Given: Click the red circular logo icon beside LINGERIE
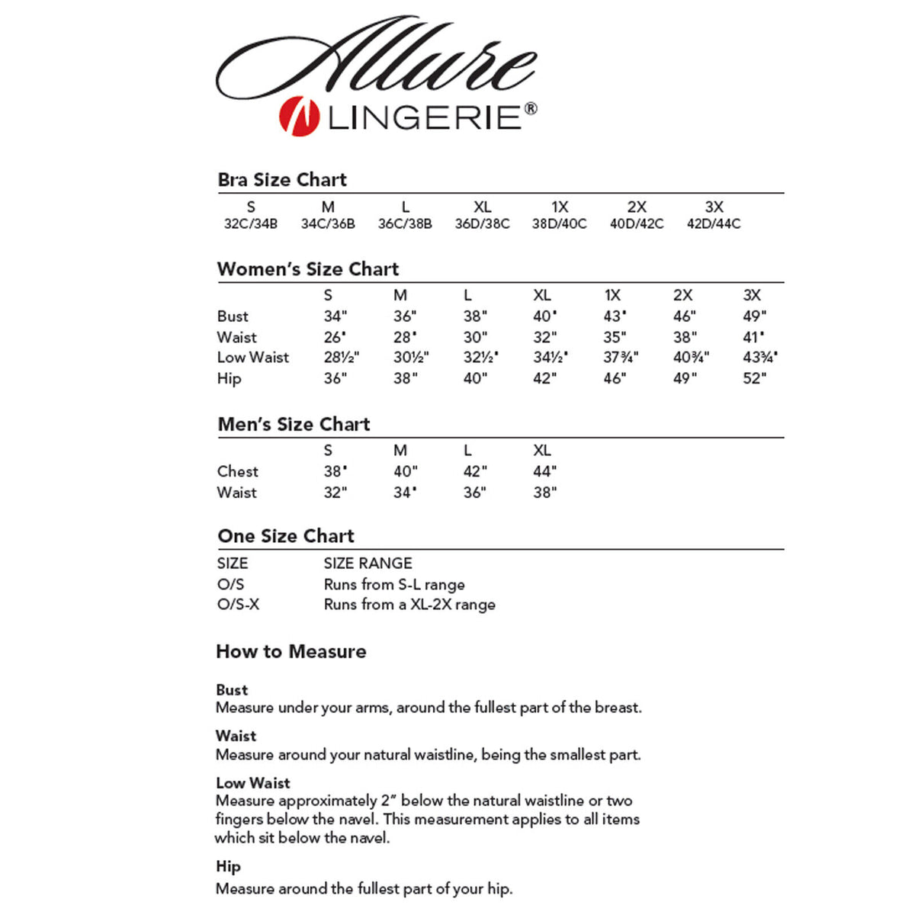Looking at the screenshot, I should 298,117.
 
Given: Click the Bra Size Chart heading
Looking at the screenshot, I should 282,180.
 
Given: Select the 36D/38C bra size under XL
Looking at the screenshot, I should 482,224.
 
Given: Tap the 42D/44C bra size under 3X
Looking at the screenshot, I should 714,224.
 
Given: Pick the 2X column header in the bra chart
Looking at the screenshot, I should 637,207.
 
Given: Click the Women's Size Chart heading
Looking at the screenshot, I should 308,269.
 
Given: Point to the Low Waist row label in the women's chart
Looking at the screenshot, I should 253,358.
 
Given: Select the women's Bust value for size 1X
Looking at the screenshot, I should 614,316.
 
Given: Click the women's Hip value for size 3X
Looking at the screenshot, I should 754,379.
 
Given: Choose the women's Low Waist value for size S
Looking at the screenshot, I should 341,358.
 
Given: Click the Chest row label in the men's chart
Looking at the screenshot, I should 238,472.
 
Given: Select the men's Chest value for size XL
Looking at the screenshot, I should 545,472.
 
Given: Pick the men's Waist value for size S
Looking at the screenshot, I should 335,493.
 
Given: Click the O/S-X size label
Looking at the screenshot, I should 239,605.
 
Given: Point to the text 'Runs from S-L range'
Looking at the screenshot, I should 394,585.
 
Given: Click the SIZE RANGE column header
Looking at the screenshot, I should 368,563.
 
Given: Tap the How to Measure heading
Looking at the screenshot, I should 291,652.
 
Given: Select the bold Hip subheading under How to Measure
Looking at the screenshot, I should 228,866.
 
